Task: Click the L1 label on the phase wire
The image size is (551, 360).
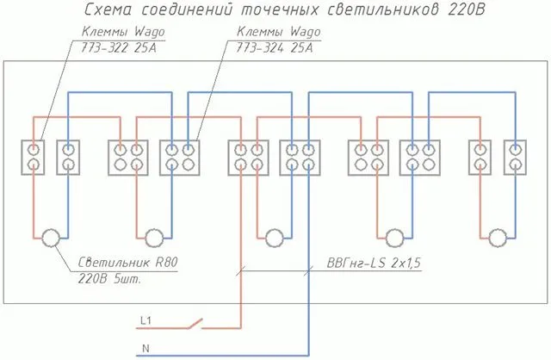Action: tap(145, 320)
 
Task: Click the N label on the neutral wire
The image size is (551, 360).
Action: tap(145, 348)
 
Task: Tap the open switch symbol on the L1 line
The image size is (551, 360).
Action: tap(196, 324)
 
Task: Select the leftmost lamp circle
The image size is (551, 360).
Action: tap(51, 238)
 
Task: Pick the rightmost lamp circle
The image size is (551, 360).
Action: tap(498, 238)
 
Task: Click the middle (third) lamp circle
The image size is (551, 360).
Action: tap(275, 238)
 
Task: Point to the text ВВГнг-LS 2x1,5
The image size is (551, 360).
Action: tap(374, 263)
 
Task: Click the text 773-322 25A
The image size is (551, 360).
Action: tap(118, 47)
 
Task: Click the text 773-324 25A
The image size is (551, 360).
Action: tap(274, 47)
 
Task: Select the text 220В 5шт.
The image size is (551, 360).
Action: tap(109, 279)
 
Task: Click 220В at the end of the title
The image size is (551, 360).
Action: tap(466, 9)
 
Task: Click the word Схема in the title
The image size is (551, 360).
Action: tap(108, 9)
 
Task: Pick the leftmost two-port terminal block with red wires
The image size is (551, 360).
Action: tap(33, 158)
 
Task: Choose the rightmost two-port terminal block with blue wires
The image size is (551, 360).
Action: tap(515, 158)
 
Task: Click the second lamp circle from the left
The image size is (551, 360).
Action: tap(154, 238)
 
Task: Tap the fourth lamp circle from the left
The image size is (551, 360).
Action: tap(394, 238)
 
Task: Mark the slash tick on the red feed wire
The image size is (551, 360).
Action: tap(241, 270)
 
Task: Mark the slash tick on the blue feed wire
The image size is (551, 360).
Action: tap(308, 270)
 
